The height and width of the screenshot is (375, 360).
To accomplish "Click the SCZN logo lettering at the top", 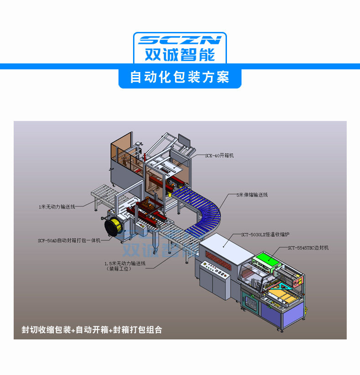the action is coord(180,40).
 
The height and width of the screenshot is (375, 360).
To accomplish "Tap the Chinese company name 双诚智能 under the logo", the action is coord(180,55).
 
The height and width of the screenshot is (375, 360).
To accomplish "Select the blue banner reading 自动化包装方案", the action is coord(180,77).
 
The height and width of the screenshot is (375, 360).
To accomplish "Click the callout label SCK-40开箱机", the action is coord(219,156).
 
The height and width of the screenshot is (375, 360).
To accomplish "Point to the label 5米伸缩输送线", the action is coord(252,195).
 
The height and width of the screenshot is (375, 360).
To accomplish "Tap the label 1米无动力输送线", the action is coord(57,207).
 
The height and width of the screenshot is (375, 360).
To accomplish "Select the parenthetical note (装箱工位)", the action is coord(119,269).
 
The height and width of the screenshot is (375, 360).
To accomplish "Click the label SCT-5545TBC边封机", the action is coord(308,248).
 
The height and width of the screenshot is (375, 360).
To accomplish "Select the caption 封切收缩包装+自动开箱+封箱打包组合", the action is coord(92,329).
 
